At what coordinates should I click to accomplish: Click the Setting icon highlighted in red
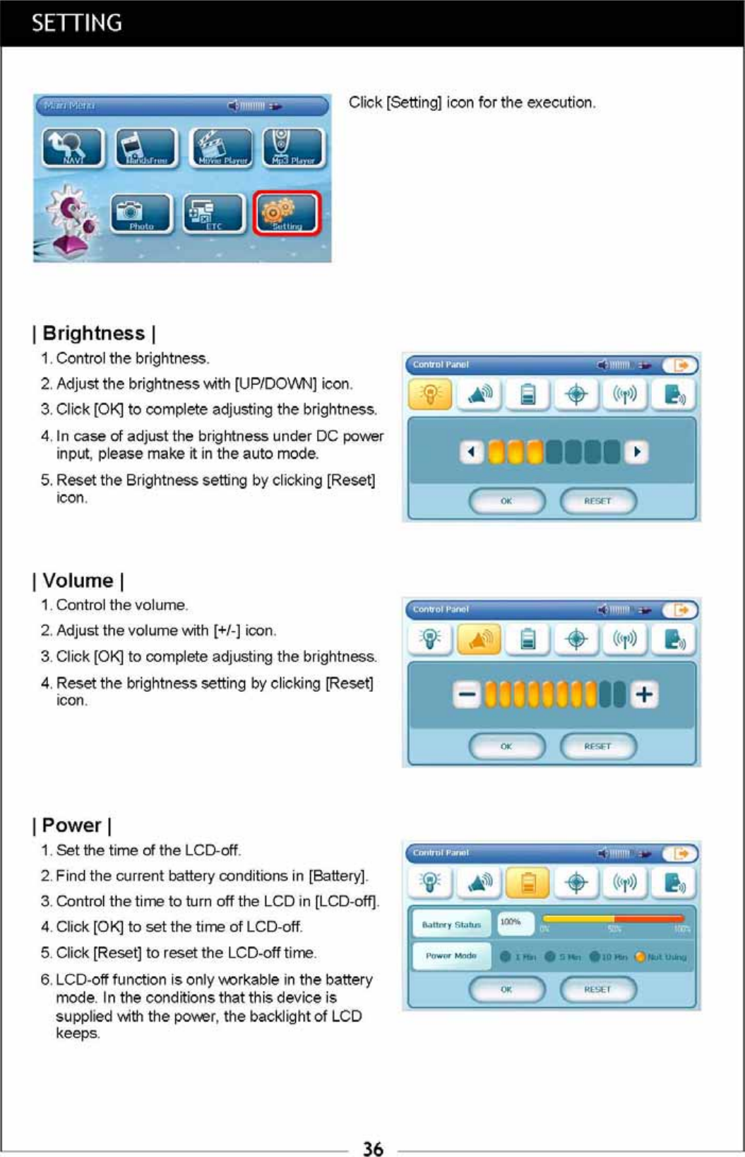coord(287,213)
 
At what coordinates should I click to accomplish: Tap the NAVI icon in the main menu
coord(73,148)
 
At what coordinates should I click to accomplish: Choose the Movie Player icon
coord(222,148)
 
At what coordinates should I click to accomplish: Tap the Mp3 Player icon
coord(293,148)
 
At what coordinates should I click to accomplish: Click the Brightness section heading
coord(94,333)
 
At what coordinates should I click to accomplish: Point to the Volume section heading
coord(78,580)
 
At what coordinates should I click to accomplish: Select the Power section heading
coord(71,825)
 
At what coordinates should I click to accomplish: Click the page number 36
coord(373,1149)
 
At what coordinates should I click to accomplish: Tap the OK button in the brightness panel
coord(506,501)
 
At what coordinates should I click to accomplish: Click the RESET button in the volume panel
coord(597,746)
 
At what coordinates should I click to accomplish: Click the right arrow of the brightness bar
coord(638,452)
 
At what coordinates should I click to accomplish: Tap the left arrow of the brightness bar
coord(471,452)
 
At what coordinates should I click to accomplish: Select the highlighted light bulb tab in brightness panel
coord(430,394)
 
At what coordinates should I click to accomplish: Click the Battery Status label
coord(451,924)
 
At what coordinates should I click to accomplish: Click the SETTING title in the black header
coord(76,23)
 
